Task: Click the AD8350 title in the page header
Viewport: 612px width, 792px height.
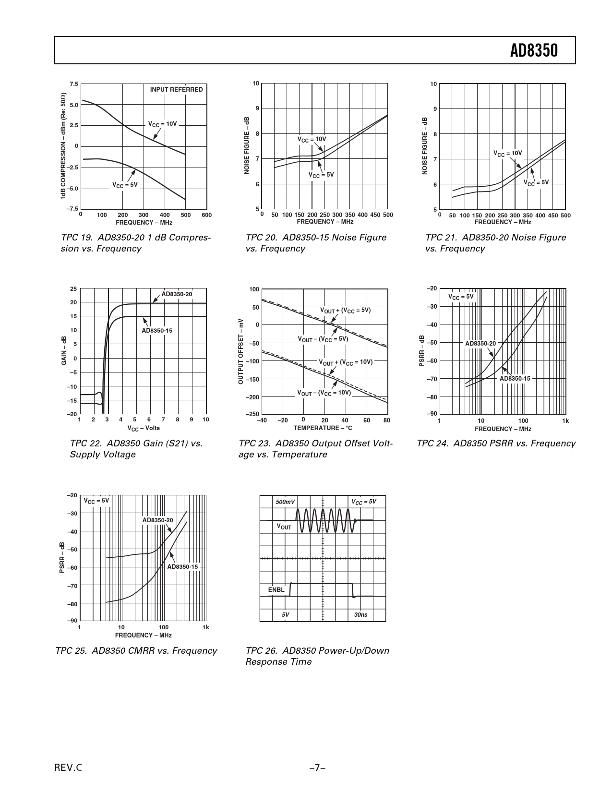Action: [x=534, y=50]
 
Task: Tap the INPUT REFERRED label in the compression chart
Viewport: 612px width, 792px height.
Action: [x=176, y=90]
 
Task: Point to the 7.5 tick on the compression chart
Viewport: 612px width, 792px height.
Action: [x=73, y=84]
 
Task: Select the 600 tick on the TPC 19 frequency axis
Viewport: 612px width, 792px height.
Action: [x=206, y=216]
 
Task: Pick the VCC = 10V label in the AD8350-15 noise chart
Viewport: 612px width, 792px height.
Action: [x=312, y=140]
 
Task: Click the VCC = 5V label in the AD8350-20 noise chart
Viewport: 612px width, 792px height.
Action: [x=536, y=183]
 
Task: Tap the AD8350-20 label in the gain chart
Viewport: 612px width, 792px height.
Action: [x=177, y=294]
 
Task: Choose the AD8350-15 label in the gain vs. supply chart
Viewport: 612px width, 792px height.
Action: [x=157, y=331]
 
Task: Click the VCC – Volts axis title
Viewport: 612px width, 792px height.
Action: [x=144, y=428]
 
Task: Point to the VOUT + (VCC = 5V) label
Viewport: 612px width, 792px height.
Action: [x=346, y=311]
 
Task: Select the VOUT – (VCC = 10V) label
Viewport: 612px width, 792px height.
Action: [x=324, y=393]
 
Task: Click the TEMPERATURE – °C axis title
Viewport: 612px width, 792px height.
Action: [x=323, y=428]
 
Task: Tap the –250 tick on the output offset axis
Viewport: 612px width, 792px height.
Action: [x=252, y=415]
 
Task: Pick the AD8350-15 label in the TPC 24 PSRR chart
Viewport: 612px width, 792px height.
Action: [x=515, y=379]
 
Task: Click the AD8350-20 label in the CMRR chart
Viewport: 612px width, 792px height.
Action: [x=157, y=520]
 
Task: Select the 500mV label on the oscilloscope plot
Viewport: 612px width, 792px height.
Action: [x=285, y=502]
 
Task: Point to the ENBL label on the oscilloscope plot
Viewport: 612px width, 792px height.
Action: [x=276, y=590]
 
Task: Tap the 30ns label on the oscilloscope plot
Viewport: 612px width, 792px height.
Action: [x=360, y=615]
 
